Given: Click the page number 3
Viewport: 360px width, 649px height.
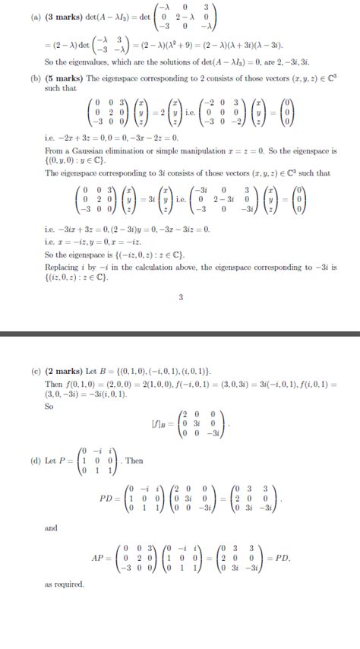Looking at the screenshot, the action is [180, 297].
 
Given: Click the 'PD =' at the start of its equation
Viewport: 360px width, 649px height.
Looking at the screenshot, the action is [111, 499].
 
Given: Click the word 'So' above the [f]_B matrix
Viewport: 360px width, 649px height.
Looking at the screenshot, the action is [49, 406].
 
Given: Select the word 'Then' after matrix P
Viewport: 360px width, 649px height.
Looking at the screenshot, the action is [134, 461].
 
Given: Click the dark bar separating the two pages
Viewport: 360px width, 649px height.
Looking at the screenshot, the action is [180, 334].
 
